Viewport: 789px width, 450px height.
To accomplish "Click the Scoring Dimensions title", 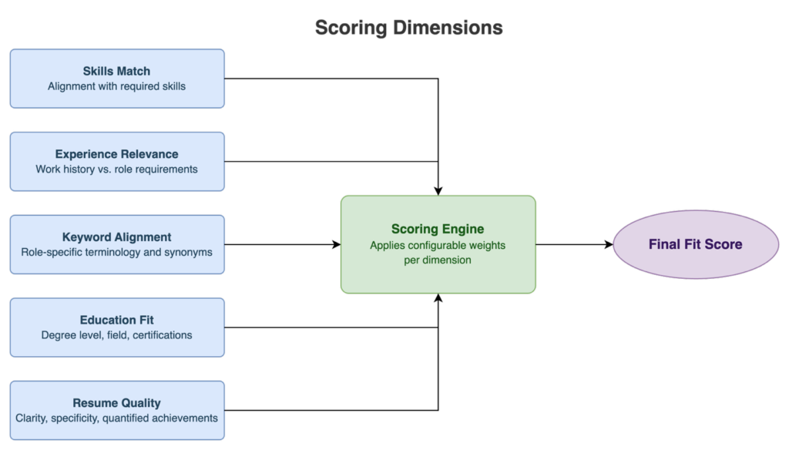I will coord(408,28).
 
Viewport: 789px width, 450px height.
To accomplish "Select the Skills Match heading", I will coord(117,71).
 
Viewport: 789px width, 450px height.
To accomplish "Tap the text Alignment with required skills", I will coord(117,86).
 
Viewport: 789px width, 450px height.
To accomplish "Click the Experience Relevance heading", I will coord(117,154).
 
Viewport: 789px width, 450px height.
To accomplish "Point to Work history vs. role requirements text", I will coord(117,170).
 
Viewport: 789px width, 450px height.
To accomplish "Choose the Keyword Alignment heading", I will coord(117,237).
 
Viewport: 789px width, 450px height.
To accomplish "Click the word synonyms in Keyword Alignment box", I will coord(188,252).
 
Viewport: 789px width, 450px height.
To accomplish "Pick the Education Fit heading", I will coord(117,320).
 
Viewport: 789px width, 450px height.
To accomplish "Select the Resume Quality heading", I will coord(117,403).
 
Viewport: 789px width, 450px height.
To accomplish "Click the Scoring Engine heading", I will coord(438,229).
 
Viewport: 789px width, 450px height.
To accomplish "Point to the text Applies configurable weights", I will coord(438,245).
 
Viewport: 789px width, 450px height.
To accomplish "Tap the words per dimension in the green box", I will coord(438,260).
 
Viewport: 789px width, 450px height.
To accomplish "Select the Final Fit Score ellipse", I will coord(696,245).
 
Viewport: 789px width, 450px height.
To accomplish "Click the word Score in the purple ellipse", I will coord(725,245).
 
